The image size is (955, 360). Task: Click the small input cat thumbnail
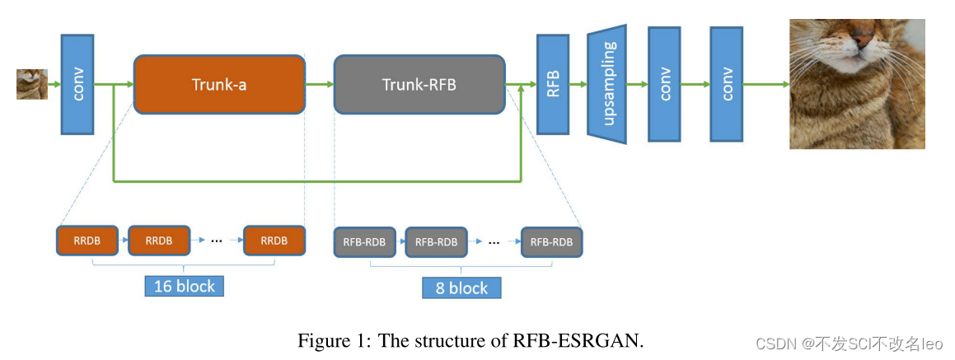(x=26, y=84)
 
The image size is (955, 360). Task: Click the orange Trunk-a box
(x=219, y=84)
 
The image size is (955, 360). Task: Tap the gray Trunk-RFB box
(x=419, y=84)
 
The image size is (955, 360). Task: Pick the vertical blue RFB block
(x=554, y=84)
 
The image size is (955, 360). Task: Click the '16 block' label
(x=185, y=286)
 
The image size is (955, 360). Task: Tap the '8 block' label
(x=461, y=288)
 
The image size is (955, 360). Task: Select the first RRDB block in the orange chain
(x=87, y=241)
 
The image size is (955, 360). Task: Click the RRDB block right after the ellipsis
(x=274, y=241)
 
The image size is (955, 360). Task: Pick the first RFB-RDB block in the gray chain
(x=365, y=242)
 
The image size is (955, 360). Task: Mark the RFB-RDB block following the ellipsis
(x=552, y=242)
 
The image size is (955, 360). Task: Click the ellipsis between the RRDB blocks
(x=217, y=241)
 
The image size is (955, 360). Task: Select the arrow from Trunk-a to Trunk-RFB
(x=319, y=84)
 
